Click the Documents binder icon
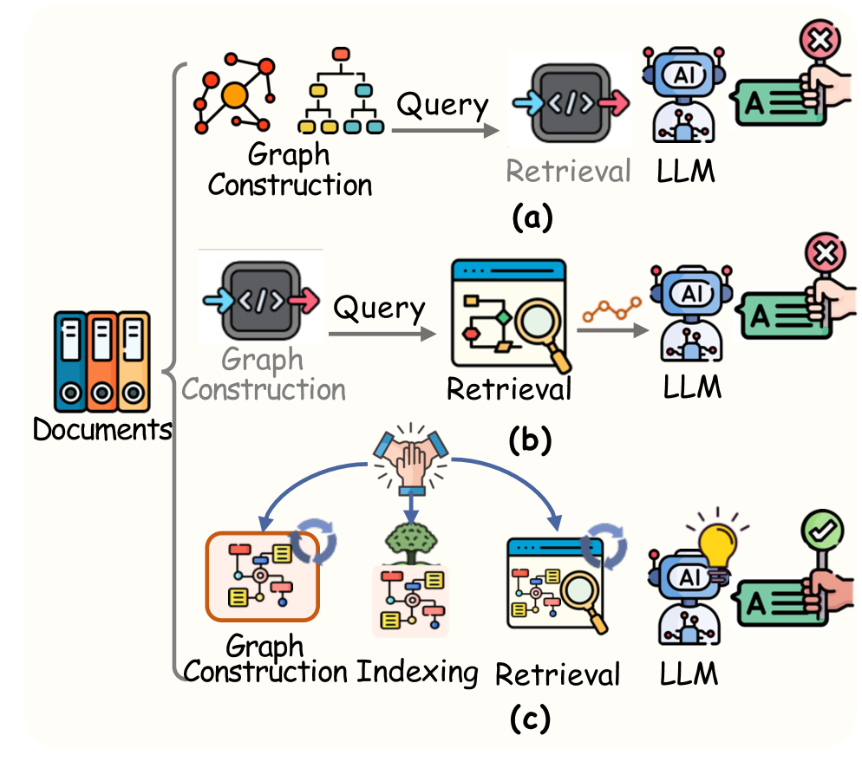point(101,361)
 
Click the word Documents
point(101,429)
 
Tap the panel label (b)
point(530,439)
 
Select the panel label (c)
point(530,719)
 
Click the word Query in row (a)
point(442,107)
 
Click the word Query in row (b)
point(380,308)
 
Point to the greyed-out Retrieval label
point(568,172)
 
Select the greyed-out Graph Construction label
point(264,374)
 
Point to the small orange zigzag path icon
point(611,309)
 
